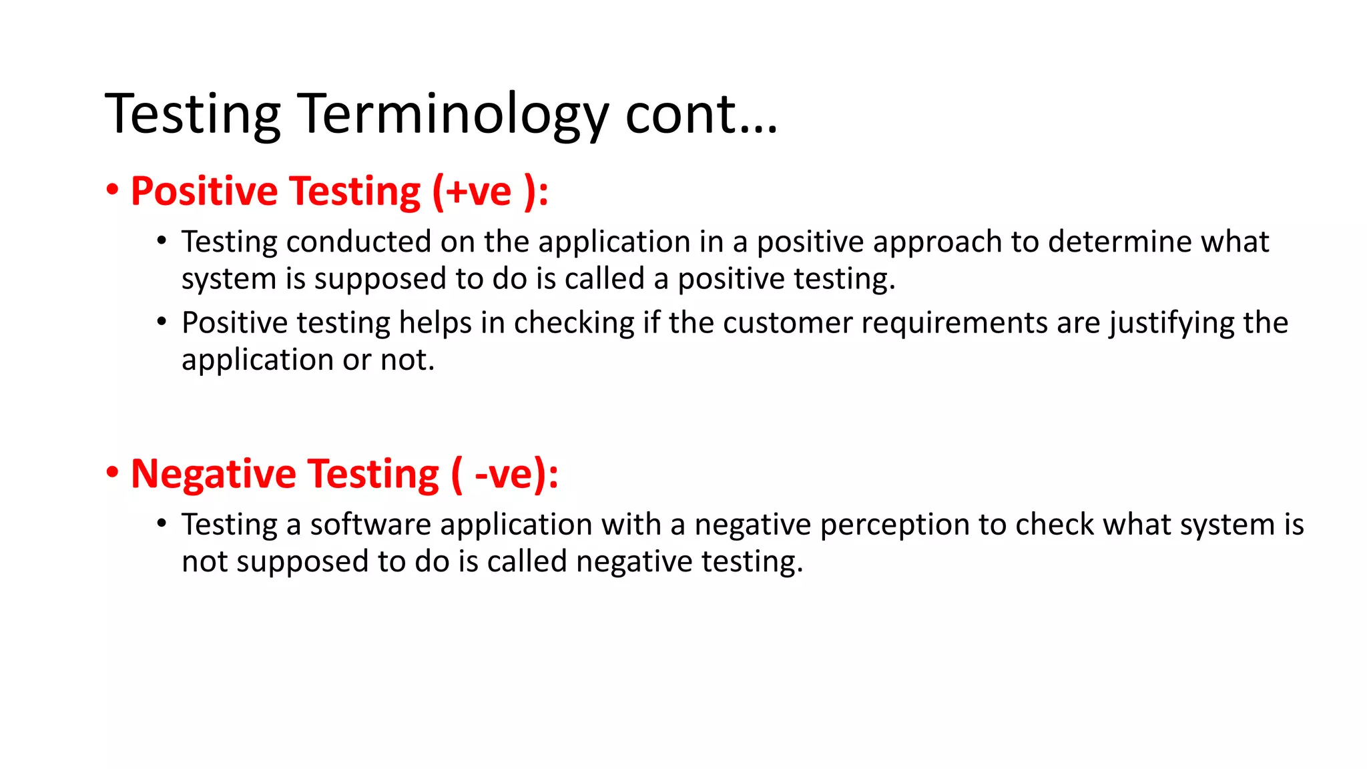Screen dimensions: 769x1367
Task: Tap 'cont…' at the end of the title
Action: (x=701, y=115)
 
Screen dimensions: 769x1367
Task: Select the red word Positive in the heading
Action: (x=204, y=192)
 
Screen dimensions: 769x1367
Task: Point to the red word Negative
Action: (x=213, y=475)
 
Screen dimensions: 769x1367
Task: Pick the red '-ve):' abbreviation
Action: (x=516, y=475)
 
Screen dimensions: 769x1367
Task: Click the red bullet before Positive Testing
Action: (x=112, y=190)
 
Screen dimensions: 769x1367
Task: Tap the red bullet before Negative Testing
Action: (x=112, y=473)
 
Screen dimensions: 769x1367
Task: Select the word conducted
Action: (x=358, y=242)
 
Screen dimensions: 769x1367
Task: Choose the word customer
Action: (x=788, y=323)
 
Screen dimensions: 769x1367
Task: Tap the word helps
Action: (x=435, y=323)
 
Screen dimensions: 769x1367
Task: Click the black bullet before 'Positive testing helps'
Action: (x=162, y=322)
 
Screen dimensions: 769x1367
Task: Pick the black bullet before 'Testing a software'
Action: (x=162, y=523)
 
